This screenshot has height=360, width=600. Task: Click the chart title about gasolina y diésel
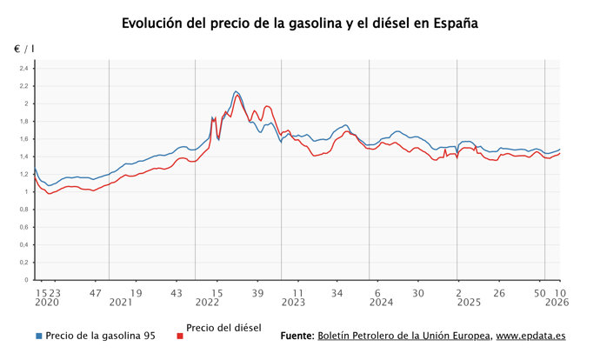(300, 23)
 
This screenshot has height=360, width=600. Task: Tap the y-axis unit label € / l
(23, 50)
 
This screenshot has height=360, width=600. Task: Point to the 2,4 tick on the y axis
(24, 69)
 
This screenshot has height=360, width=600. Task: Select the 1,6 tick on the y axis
(24, 139)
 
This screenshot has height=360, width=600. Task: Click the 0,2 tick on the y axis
(24, 263)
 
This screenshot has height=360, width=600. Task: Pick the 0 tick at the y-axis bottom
(27, 281)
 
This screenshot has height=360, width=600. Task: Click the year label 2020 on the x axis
(47, 303)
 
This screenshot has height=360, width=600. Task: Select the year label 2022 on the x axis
(207, 303)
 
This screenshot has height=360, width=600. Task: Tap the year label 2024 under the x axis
(382, 303)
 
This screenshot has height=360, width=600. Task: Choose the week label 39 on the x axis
(257, 293)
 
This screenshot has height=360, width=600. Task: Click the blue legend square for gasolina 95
(38, 336)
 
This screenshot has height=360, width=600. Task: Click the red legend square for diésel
(180, 336)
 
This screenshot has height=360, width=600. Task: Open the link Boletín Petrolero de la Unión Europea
(404, 336)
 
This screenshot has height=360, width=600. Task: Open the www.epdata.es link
(531, 336)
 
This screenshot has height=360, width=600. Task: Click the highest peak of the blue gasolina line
(236, 91)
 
